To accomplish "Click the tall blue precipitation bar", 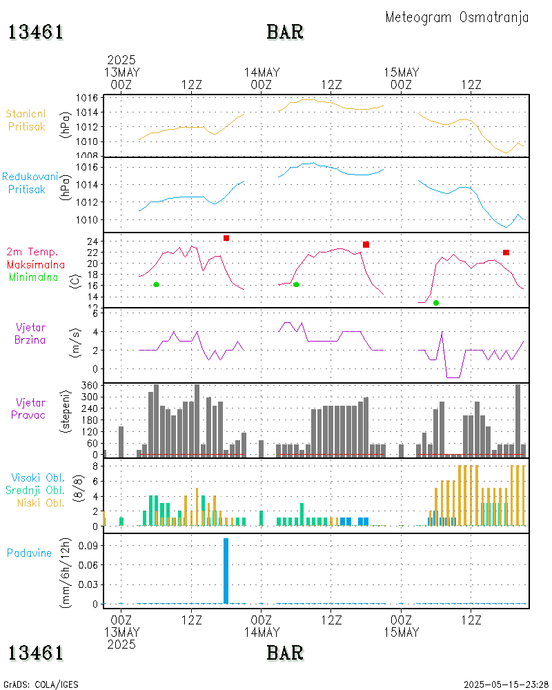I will coord(226,570).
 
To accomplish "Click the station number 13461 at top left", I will coord(36,32).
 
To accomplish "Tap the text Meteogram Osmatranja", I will coord(457,17).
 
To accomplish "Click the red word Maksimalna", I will coord(36,264).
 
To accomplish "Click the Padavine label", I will coord(29,553).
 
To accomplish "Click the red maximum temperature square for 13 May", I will coord(226,238).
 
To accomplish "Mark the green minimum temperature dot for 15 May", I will coord(436,303).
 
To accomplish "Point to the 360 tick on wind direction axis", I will coord(92,385).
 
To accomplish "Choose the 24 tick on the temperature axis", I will coord(92,241).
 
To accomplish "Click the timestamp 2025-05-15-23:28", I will coord(504,684).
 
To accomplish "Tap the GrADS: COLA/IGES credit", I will coord(41,684).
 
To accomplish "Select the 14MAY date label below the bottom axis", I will coord(262,632).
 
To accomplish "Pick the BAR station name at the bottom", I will coord(285,652).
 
